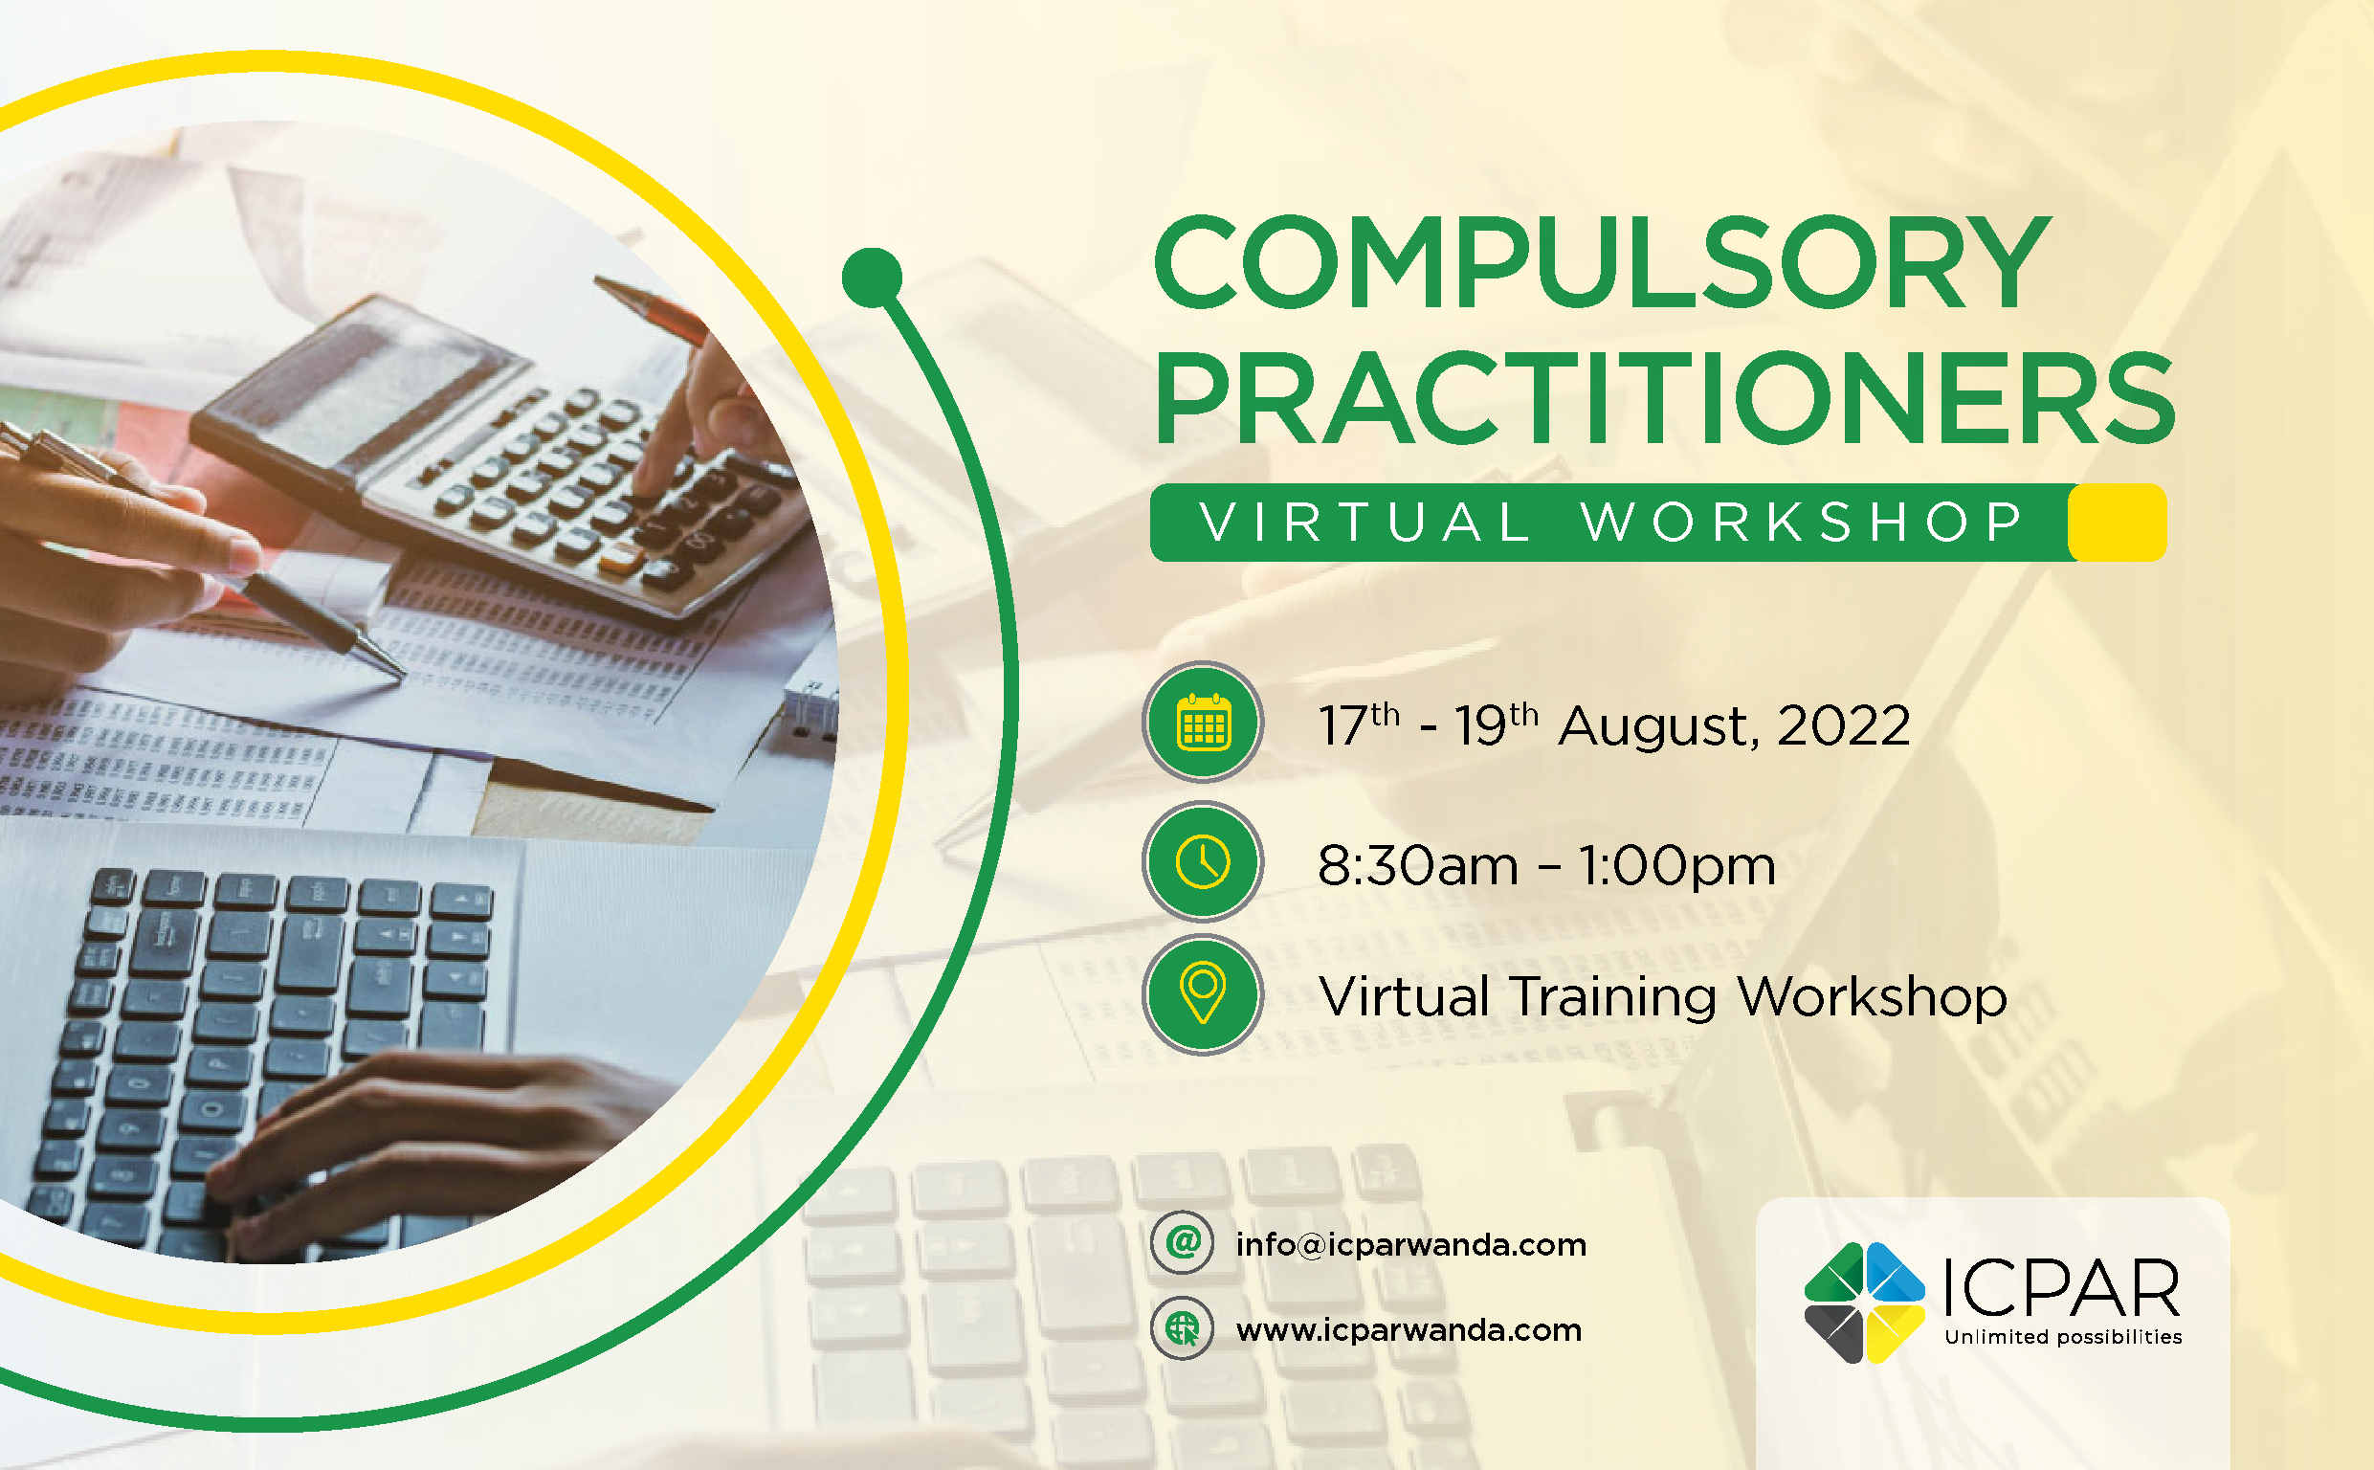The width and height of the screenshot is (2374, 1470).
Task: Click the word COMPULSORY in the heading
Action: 1601,262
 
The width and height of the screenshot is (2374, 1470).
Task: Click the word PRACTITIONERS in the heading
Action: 1664,399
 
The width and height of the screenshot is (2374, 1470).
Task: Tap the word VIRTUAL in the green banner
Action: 1365,523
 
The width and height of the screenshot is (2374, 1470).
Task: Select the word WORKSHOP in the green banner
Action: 1803,523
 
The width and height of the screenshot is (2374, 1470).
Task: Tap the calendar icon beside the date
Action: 1202,723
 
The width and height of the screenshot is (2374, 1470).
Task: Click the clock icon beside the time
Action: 1202,861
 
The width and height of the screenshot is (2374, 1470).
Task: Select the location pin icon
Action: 1202,993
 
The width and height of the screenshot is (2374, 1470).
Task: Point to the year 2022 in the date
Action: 1844,726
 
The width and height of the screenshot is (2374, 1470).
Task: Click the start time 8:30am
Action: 1417,865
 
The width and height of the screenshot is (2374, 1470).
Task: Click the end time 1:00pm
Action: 1676,865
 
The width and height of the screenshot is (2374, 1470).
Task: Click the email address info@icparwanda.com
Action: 1410,1245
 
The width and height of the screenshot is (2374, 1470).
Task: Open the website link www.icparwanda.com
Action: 1409,1330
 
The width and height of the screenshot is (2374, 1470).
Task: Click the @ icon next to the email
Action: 1182,1242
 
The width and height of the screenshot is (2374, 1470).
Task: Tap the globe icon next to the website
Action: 1182,1328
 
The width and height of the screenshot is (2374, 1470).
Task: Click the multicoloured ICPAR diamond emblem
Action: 1864,1303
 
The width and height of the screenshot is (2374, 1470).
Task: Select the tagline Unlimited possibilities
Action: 2063,1338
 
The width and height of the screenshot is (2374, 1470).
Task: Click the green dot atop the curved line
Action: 872,278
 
